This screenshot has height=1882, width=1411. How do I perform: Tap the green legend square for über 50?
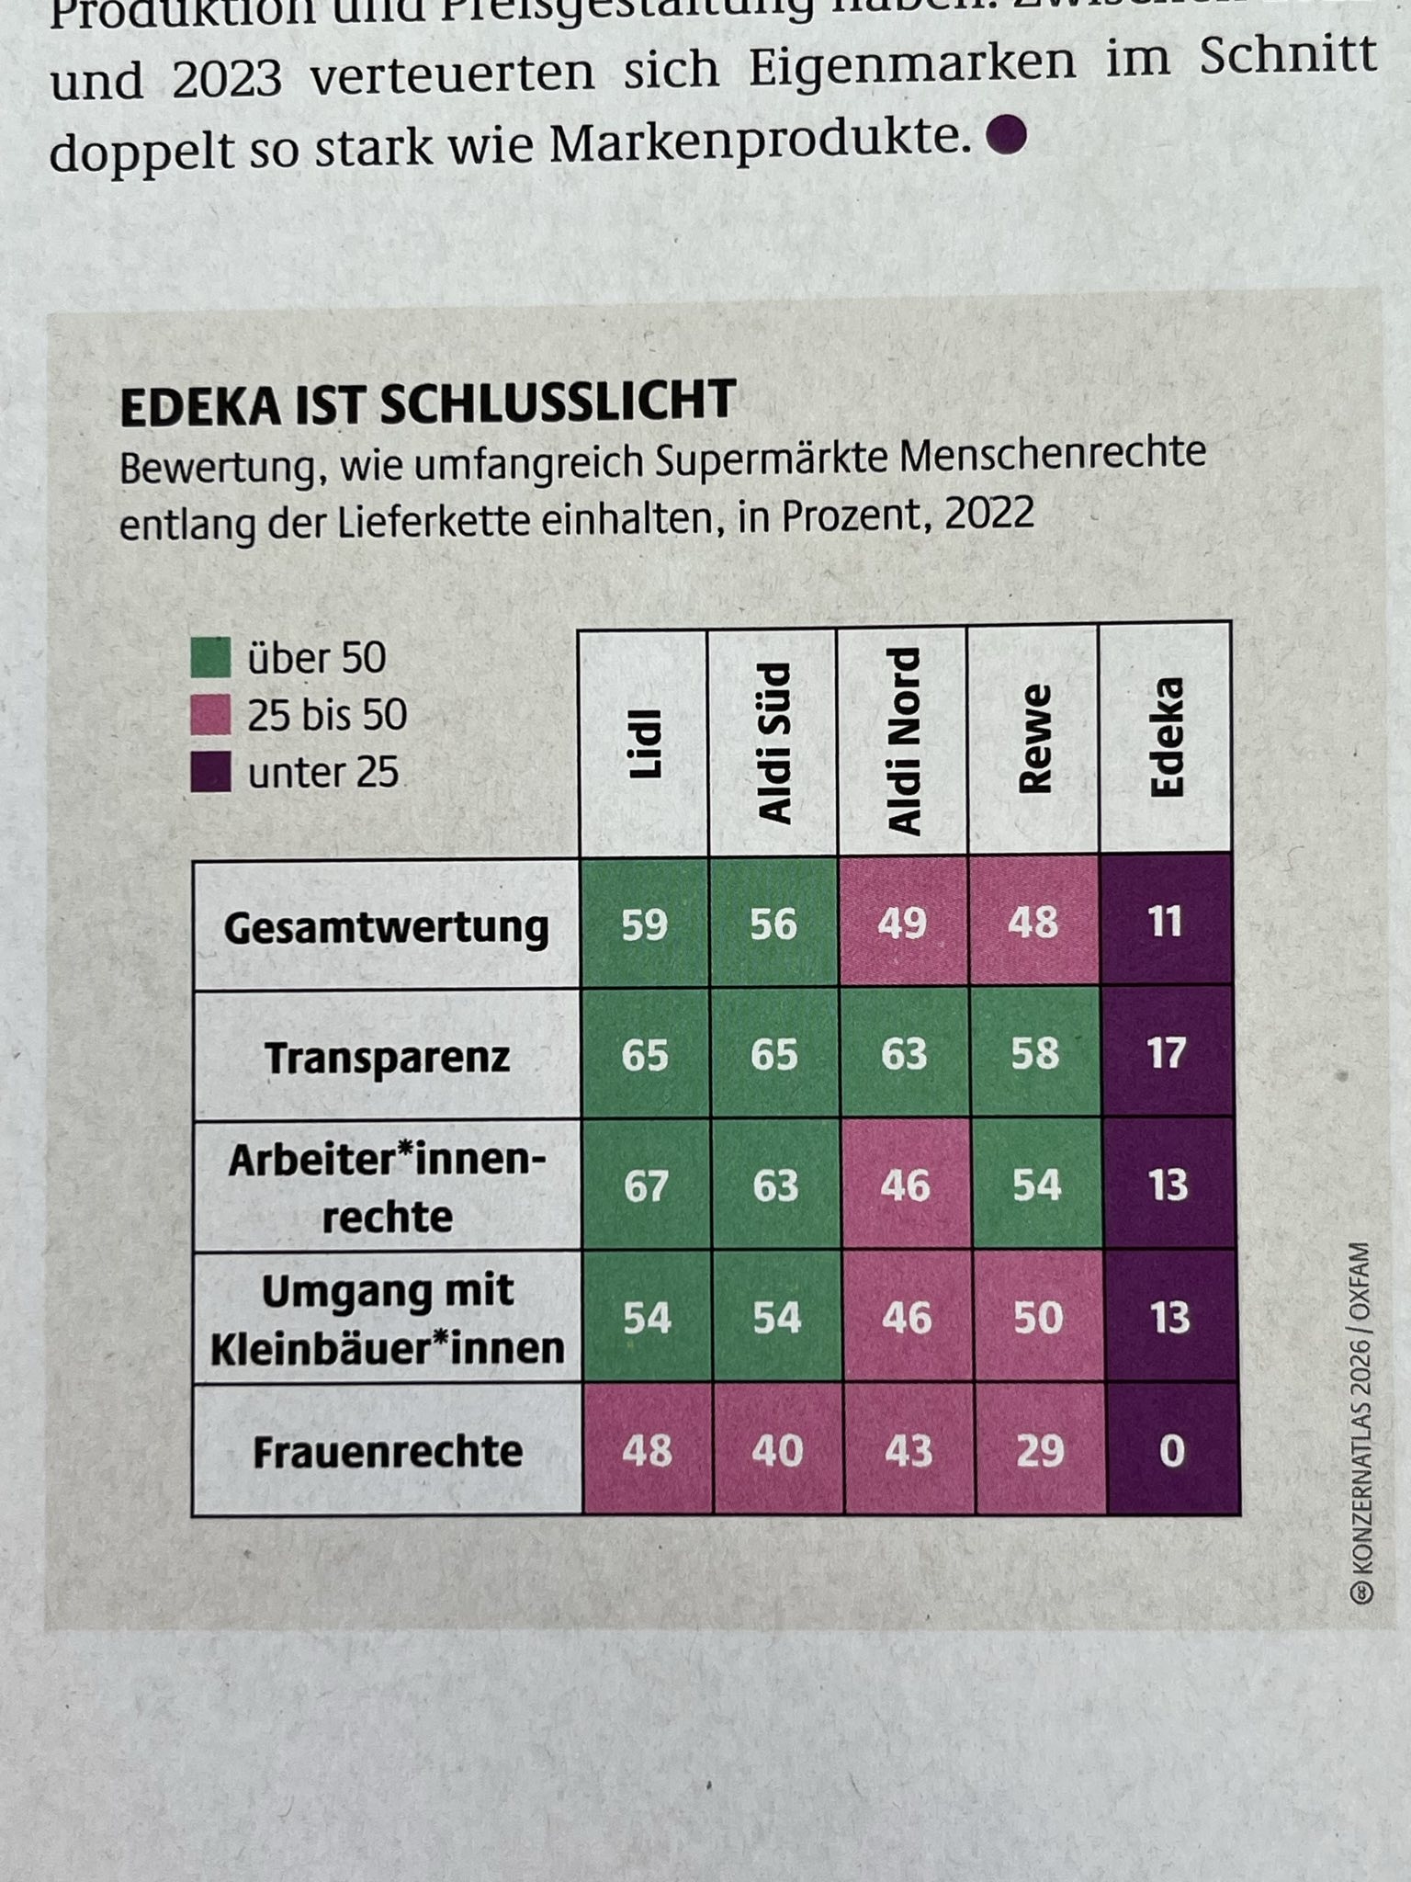210,658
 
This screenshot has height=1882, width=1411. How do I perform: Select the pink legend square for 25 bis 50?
210,715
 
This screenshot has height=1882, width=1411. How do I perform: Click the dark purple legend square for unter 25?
210,772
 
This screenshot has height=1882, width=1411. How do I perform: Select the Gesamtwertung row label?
386,926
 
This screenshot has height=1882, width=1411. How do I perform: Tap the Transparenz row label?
387,1057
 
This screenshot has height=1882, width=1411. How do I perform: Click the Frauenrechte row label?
388,1452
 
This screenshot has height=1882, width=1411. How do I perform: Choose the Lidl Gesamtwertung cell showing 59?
644,924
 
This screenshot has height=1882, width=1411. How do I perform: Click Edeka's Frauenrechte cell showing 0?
1172,1450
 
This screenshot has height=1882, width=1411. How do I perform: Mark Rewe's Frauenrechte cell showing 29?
1040,1450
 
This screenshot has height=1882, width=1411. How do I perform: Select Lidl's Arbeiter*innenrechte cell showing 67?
646,1186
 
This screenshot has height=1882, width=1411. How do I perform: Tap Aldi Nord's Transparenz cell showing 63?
904,1055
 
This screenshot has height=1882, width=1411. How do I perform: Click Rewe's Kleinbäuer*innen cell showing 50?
1038,1318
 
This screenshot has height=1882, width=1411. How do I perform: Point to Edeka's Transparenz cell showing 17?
1167,1053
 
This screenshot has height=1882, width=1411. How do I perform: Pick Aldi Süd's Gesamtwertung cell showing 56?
773,924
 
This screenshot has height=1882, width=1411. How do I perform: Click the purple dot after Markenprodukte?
1006,135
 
